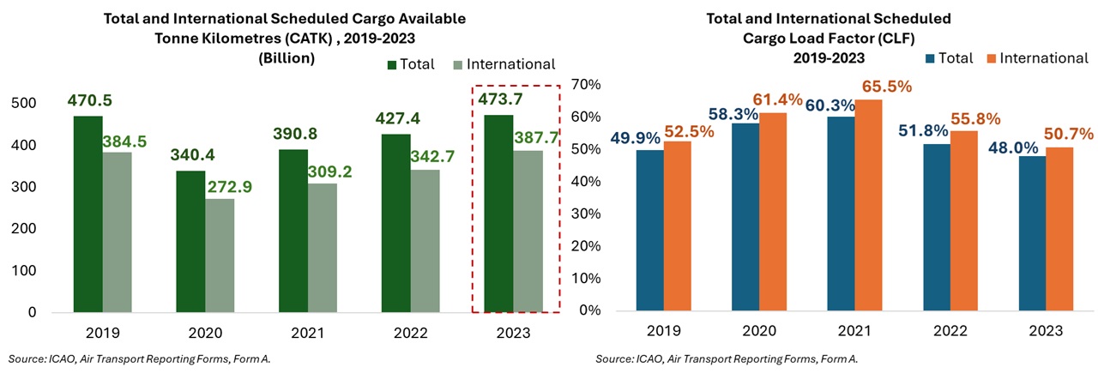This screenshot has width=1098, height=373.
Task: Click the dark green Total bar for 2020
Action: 190,241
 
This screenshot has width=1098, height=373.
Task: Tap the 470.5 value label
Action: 88,101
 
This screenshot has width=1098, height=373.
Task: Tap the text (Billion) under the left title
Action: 287,58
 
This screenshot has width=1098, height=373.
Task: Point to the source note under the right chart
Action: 727,358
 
